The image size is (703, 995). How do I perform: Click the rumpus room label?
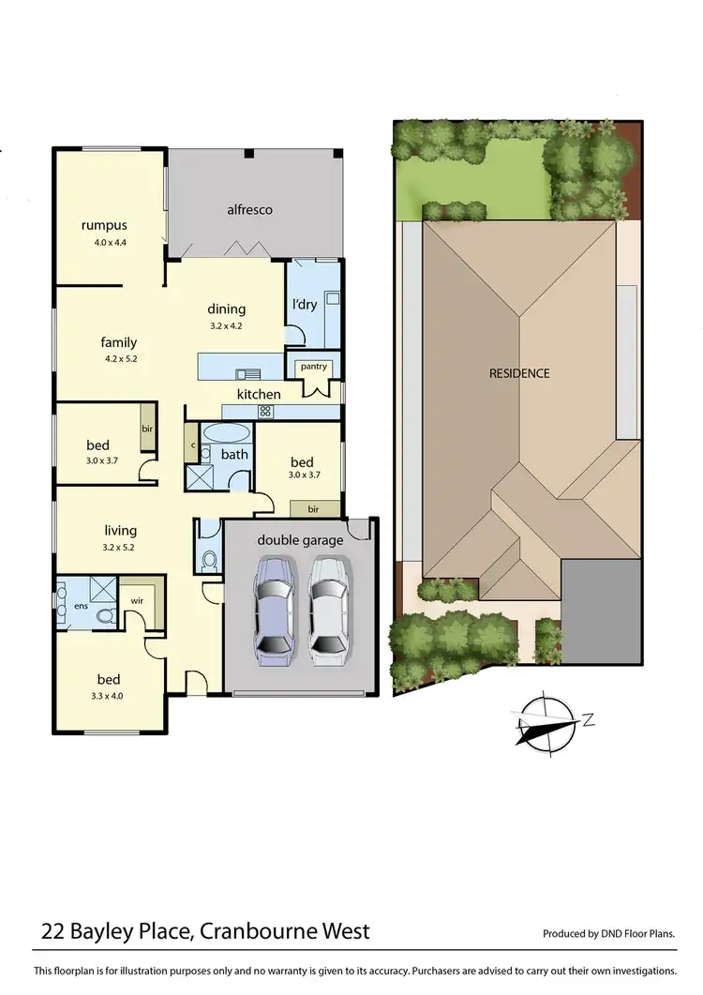click(x=104, y=225)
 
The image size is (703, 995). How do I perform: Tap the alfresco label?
click(x=249, y=210)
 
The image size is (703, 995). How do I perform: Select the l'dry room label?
click(x=304, y=306)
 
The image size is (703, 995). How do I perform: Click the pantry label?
click(x=314, y=367)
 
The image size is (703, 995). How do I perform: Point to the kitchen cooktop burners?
click(x=265, y=411)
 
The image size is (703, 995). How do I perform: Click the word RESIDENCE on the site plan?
click(x=519, y=373)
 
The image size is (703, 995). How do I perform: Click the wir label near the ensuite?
click(x=136, y=601)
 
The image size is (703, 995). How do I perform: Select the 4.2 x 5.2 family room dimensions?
click(x=119, y=358)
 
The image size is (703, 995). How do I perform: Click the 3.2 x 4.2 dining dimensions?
click(x=226, y=326)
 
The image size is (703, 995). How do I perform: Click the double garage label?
click(x=300, y=540)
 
